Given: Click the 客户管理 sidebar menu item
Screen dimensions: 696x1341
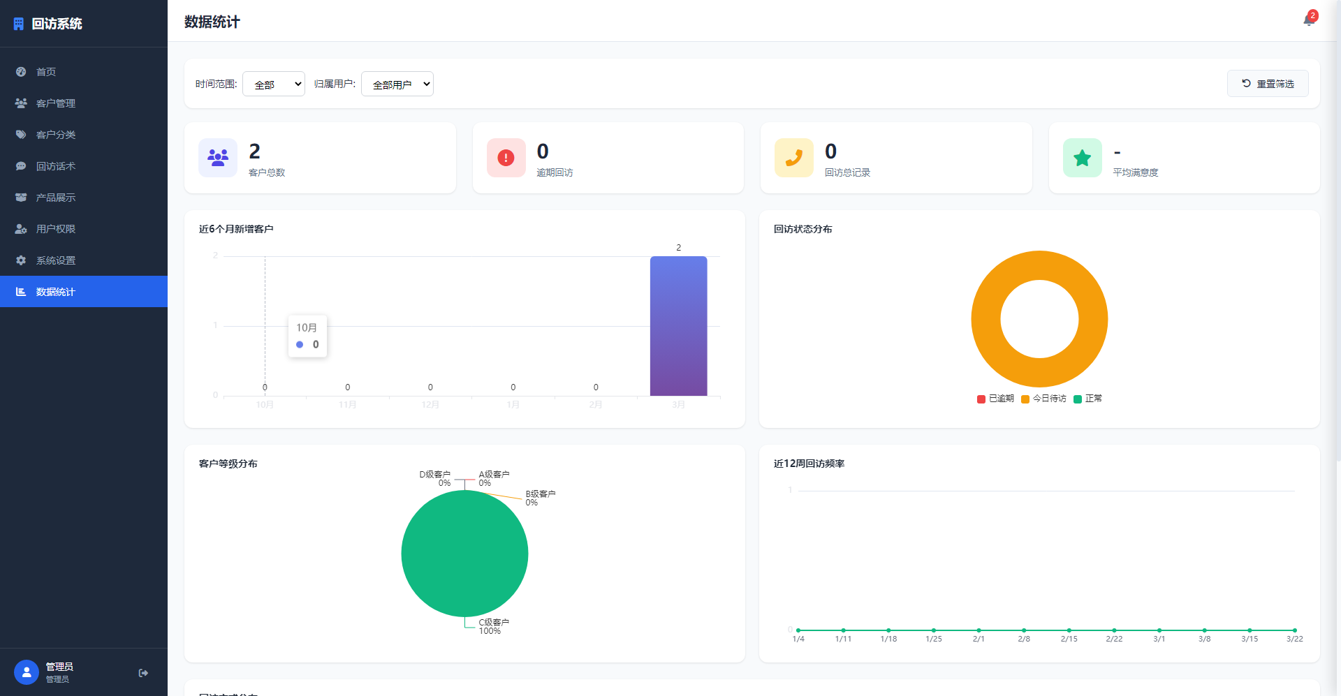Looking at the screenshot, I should [x=56, y=103].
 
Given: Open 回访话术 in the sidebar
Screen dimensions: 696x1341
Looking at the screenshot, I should [x=56, y=166].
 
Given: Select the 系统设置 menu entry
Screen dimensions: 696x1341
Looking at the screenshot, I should [x=56, y=260].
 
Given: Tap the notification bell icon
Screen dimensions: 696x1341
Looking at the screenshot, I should [x=1308, y=20].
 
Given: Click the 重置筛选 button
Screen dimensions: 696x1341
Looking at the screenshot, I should [x=1268, y=84].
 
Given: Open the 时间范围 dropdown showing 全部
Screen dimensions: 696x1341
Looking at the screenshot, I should [x=274, y=84].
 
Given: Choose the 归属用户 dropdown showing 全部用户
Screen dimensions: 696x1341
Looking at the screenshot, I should [x=397, y=84].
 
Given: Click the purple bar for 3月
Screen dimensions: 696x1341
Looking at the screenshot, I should [x=678, y=326].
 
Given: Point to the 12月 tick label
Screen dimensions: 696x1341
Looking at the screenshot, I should [x=430, y=405].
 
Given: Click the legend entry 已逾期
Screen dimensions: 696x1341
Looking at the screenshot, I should [x=996, y=399].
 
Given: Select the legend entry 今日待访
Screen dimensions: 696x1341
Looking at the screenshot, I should [x=1044, y=399].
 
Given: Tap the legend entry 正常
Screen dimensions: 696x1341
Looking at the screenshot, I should [x=1088, y=399].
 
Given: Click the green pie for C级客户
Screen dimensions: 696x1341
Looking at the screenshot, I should [x=464, y=554].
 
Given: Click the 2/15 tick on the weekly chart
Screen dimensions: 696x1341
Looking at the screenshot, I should [x=1069, y=639].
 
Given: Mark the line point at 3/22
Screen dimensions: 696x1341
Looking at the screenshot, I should [x=1294, y=630].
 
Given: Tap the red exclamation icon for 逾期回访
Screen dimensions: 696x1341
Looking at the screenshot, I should [x=506, y=158].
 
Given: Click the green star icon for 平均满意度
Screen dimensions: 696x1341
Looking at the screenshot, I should [x=1082, y=158].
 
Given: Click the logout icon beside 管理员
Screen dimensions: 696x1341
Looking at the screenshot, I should [x=143, y=673].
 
